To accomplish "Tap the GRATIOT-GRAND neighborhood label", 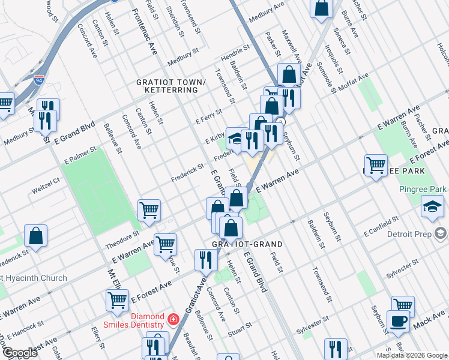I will point(247,245).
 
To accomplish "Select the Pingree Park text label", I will point(423,190).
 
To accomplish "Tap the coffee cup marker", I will point(398,321).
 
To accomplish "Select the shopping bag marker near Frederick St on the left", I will point(36,236).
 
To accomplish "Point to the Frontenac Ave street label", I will point(145,28).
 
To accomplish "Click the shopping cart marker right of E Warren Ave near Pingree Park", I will point(376,165).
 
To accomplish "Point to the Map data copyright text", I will point(411,355).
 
